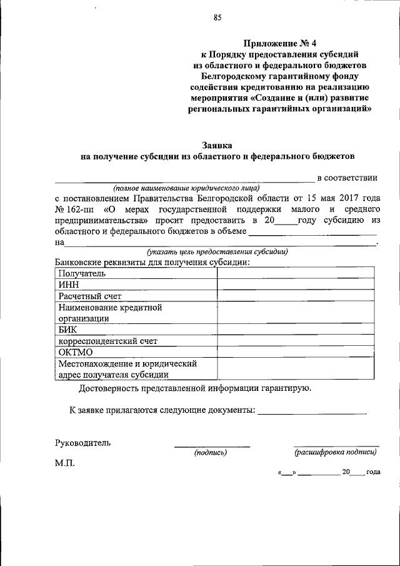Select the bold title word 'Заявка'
[x=217, y=143]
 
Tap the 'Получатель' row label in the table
[x=82, y=273]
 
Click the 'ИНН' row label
[x=67, y=285]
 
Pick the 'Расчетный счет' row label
[x=90, y=296]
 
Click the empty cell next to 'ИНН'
[x=296, y=285]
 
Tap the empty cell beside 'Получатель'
[x=296, y=273]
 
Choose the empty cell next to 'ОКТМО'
[x=296, y=352]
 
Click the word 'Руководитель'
[x=83, y=443]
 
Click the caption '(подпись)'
[x=210, y=452]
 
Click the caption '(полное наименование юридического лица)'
[x=186, y=188]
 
